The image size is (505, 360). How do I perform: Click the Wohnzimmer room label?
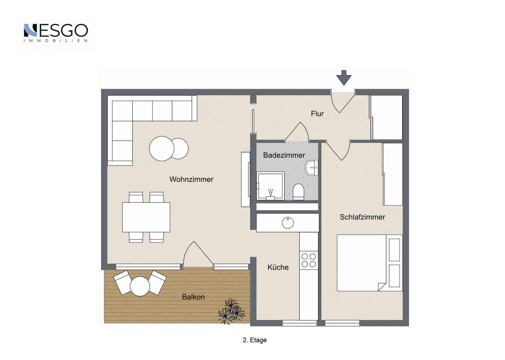point(191,179)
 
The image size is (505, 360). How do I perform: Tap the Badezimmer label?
point(284,155)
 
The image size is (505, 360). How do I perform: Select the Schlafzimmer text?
point(362,217)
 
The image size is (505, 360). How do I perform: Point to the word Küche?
point(278,267)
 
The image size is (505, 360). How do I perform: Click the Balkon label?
point(193,297)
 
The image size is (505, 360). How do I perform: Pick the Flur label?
point(317,114)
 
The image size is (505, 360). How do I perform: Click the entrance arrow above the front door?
point(344,78)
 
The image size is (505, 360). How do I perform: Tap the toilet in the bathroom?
point(298,192)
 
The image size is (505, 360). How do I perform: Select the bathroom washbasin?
point(311,168)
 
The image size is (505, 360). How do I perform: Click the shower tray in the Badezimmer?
point(270,186)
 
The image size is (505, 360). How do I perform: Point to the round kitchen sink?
point(288,223)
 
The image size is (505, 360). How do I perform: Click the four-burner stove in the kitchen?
point(309,260)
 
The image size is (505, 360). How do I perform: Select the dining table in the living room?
point(146,217)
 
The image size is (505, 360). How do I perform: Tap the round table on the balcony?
point(140,286)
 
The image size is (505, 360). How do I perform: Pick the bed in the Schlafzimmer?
point(370,263)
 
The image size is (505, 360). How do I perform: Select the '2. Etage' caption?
point(255,340)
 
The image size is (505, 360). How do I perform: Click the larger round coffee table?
point(162,149)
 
